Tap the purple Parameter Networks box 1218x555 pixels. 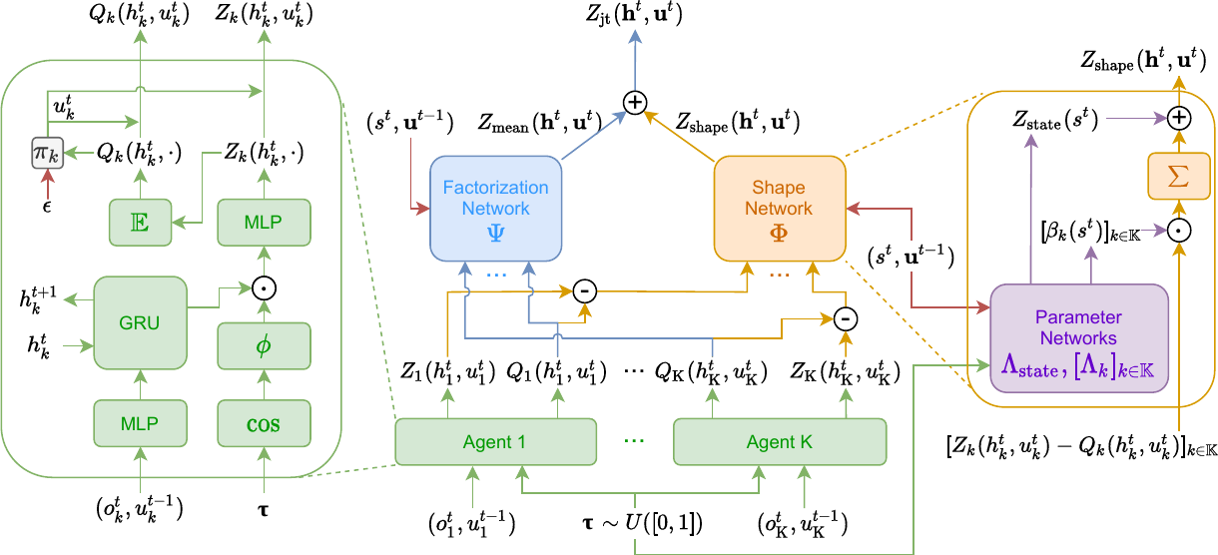coord(1079,337)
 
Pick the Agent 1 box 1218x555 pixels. coord(495,442)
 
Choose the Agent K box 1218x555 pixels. coord(780,442)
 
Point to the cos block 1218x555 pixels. coord(265,423)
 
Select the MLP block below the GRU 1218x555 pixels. coord(141,423)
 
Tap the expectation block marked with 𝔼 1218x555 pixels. coord(141,222)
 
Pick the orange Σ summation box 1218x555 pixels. coord(1178,177)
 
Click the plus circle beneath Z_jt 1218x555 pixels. coord(635,102)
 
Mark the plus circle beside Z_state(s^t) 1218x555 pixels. coord(1179,118)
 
